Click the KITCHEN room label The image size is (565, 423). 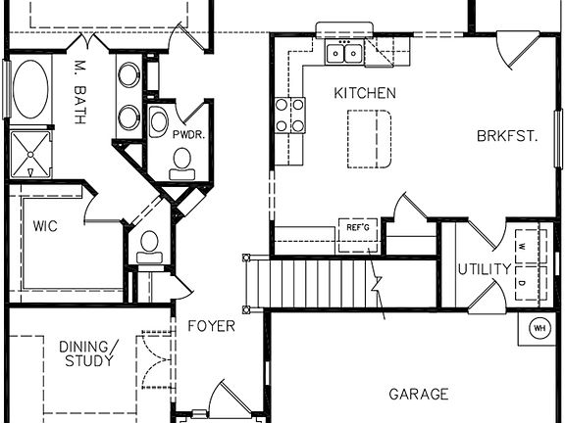[365, 94]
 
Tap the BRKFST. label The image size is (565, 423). [507, 136]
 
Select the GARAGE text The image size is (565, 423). [419, 395]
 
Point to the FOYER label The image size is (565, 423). [211, 325]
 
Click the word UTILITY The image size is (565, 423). [484, 269]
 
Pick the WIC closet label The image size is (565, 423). [45, 226]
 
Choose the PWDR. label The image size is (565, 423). [187, 134]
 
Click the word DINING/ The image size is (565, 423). [87, 346]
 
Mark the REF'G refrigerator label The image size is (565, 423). [357, 227]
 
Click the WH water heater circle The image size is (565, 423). [539, 329]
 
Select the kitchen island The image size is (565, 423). [369, 138]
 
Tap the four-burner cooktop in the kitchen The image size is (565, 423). [289, 115]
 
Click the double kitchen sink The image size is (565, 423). [344, 54]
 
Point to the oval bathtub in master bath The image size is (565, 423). [30, 88]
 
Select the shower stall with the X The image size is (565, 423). [30, 154]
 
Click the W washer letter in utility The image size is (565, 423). [522, 246]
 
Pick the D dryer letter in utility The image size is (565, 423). [522, 284]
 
